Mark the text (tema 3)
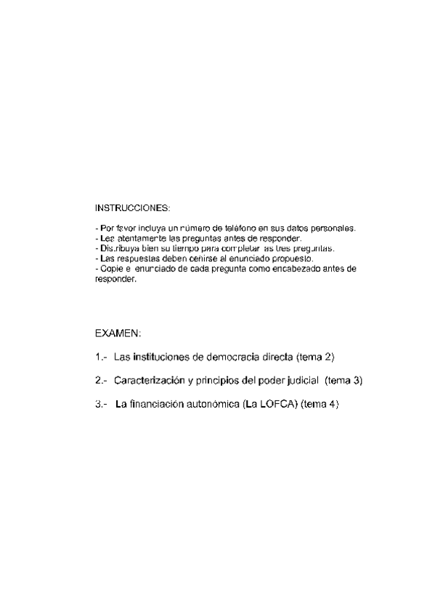tap(343, 381)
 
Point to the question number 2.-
tap(101, 381)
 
